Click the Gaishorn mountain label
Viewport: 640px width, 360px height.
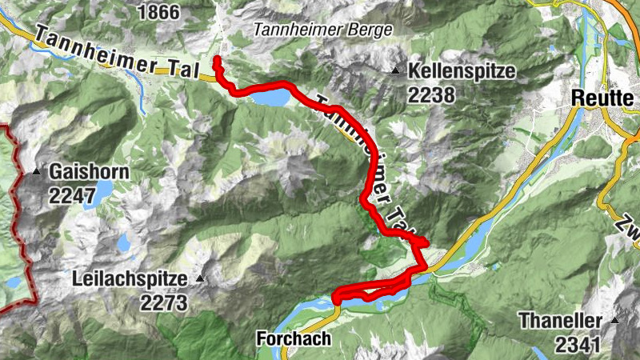coord(89,172)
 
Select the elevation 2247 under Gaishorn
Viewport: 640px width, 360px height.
coord(73,194)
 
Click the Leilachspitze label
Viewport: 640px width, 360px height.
coord(129,280)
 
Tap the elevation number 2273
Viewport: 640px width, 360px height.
coord(163,302)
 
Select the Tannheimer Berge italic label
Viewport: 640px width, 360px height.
coord(323,30)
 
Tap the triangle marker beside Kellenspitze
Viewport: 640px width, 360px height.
coord(396,73)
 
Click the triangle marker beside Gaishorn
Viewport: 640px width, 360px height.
coord(37,172)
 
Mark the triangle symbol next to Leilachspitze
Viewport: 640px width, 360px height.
coord(200,279)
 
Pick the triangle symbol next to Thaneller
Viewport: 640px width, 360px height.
coord(615,320)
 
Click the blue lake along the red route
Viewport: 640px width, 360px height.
coord(272,98)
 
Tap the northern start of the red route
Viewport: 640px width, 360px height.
coord(217,59)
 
